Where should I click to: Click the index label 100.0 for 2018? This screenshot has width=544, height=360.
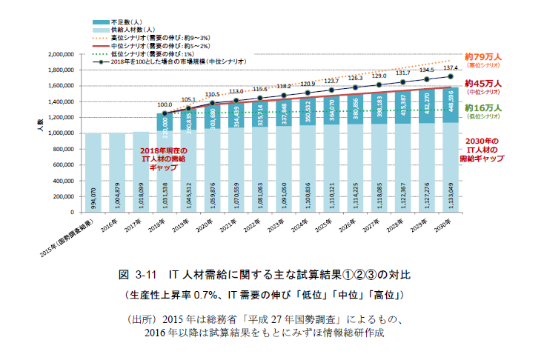(x=164, y=105)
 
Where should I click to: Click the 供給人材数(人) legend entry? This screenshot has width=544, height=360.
(x=129, y=30)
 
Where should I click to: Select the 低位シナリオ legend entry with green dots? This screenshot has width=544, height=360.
(x=155, y=54)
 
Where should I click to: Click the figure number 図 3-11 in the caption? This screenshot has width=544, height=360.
(x=136, y=274)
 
